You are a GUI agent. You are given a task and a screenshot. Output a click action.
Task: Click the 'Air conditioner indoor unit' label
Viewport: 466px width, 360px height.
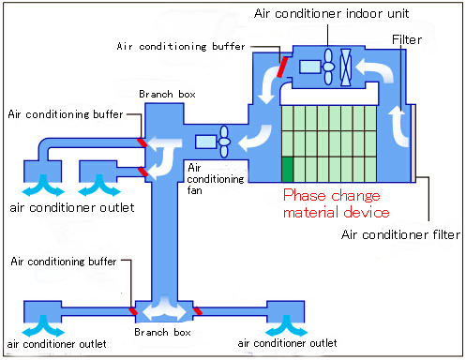[x=331, y=13]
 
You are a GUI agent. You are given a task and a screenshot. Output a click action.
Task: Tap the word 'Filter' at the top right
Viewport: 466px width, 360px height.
[x=407, y=39]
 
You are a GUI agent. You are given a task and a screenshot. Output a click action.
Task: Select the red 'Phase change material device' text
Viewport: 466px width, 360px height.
[x=336, y=203]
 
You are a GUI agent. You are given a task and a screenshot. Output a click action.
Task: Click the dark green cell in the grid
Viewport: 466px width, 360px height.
[x=287, y=169]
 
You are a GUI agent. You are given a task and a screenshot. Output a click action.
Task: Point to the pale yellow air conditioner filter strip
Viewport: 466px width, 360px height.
[x=413, y=143]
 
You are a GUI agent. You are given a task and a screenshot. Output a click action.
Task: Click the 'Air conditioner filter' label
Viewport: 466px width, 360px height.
[x=400, y=234]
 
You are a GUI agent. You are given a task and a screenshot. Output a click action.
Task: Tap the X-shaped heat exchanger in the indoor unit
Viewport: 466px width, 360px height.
[x=346, y=67]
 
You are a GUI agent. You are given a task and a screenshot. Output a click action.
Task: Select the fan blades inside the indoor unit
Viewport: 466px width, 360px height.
[x=328, y=67]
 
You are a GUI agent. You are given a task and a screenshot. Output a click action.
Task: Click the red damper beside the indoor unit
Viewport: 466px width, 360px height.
[x=282, y=67]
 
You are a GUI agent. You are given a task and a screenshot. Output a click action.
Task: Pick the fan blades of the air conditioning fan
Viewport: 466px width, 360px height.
[x=224, y=142]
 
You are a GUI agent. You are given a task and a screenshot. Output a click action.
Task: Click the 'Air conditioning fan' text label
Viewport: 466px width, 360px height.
[x=216, y=179]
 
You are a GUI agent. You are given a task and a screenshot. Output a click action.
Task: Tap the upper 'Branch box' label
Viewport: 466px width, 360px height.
[x=167, y=94]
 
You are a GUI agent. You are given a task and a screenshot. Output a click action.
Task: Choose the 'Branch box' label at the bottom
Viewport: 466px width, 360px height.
[x=162, y=332]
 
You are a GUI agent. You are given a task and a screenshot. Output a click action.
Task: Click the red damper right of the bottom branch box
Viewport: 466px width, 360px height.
[x=197, y=311]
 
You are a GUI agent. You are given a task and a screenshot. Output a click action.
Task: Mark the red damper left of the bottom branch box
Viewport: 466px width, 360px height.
[x=133, y=311]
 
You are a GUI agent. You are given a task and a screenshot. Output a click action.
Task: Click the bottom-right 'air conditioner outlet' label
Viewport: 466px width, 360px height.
[x=287, y=343]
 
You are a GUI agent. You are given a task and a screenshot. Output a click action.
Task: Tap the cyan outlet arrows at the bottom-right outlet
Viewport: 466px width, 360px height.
[x=286, y=326]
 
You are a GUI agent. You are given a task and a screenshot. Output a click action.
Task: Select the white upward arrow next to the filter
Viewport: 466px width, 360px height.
[x=398, y=126]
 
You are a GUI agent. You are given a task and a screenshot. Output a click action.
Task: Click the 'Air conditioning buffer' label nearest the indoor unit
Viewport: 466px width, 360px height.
[x=181, y=46]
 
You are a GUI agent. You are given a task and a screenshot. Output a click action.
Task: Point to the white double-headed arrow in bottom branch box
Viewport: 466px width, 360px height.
[x=162, y=308]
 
